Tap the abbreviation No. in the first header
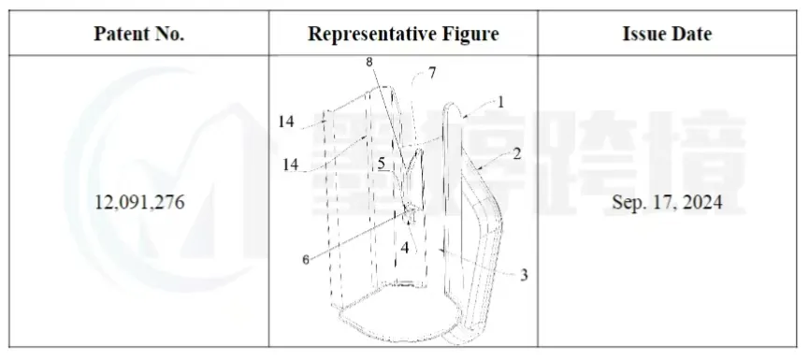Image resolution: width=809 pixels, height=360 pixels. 169,34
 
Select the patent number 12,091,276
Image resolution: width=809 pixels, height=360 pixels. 139,202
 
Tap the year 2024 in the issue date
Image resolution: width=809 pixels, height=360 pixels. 701,202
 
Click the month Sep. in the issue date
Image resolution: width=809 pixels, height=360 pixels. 628,203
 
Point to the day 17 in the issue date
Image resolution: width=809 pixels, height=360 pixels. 662,202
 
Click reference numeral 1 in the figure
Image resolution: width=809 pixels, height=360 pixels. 500,102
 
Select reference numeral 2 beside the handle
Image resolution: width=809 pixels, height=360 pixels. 516,153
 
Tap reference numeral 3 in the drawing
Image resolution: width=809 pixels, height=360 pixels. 524,276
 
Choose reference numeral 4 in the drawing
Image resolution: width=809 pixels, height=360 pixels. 405,248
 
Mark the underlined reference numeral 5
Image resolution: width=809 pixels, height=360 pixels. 382,164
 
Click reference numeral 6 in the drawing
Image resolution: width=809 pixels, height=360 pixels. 306,260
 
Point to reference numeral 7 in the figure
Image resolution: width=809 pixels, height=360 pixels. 432,73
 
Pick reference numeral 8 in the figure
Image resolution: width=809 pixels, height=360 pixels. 368,62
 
